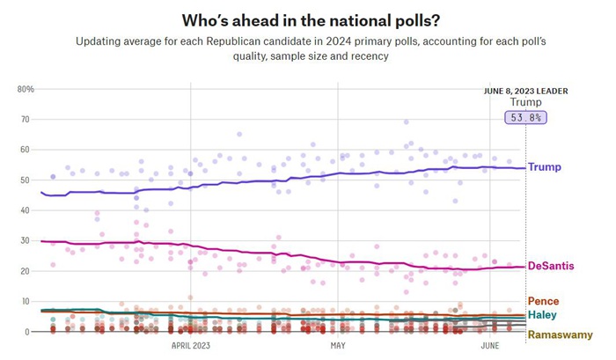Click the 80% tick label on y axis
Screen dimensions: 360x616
(x=26, y=89)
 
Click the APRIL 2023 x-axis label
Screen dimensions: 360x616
(x=191, y=346)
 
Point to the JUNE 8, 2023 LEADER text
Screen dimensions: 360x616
(x=526, y=91)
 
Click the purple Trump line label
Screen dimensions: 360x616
(x=544, y=167)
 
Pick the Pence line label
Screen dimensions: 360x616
(x=543, y=302)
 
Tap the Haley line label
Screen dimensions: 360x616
(x=542, y=315)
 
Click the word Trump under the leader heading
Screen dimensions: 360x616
(x=526, y=102)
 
